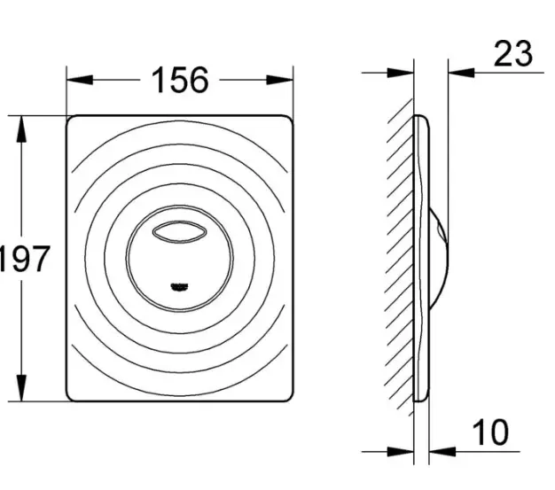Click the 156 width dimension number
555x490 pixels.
180,81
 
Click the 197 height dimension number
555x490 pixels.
23,260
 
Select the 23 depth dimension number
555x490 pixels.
512,54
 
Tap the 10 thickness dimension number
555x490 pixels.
490,432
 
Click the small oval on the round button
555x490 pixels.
179,232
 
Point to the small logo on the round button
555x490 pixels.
180,287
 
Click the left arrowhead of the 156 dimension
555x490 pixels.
80,80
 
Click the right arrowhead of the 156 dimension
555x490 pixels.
280,80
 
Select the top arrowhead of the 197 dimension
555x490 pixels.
22,129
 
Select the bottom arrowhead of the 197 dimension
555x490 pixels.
22,388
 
